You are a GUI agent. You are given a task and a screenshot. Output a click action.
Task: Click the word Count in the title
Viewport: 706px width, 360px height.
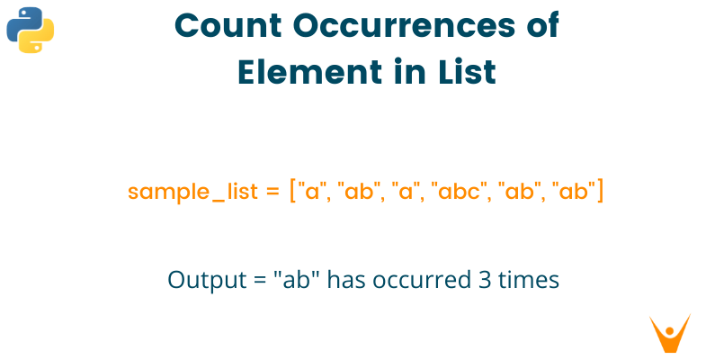pyautogui.click(x=226, y=27)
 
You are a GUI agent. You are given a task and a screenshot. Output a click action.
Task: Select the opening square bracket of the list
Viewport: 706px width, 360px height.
pyautogui.click(x=294, y=193)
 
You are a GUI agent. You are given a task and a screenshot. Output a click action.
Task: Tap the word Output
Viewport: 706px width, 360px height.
pyautogui.click(x=198, y=280)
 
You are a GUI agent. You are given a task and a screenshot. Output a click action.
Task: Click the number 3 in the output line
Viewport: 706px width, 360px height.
pyautogui.click(x=477, y=280)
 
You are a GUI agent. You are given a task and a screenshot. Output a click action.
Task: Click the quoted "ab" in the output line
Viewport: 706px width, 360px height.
pyautogui.click(x=292, y=280)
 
